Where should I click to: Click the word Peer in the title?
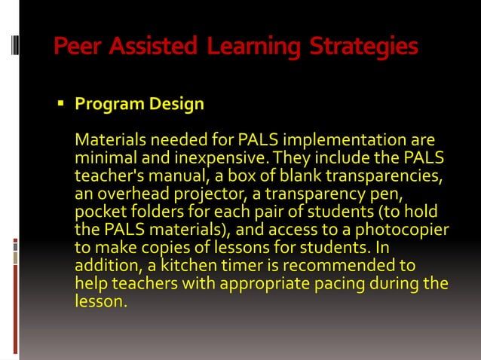tap(78, 47)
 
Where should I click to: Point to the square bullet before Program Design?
tap(63, 103)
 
